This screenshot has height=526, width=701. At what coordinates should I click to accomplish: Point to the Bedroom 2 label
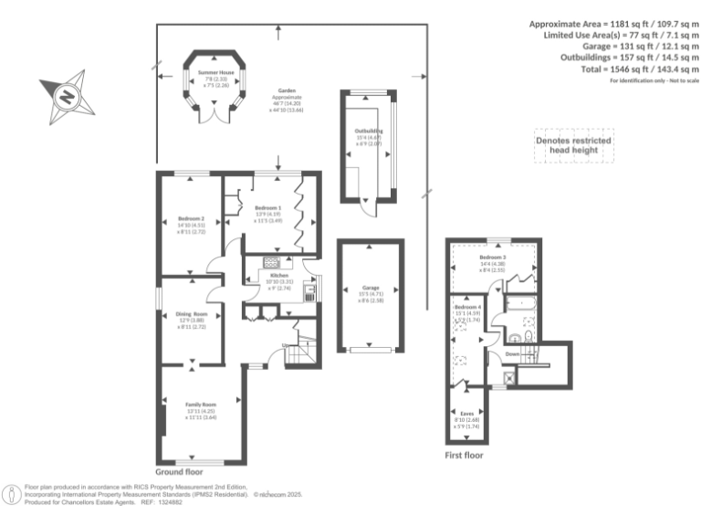190,219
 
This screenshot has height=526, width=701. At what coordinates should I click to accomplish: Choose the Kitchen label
279,275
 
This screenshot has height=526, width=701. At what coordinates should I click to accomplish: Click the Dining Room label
191,314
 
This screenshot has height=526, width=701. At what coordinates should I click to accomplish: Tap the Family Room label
202,404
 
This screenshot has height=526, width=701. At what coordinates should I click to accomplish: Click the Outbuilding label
369,131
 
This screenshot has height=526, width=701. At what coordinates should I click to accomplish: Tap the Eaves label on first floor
466,413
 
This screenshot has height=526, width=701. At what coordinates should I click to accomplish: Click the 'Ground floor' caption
178,472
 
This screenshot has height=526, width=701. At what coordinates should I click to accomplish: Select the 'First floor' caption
464,455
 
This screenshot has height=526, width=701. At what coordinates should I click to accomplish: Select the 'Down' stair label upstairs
512,353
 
